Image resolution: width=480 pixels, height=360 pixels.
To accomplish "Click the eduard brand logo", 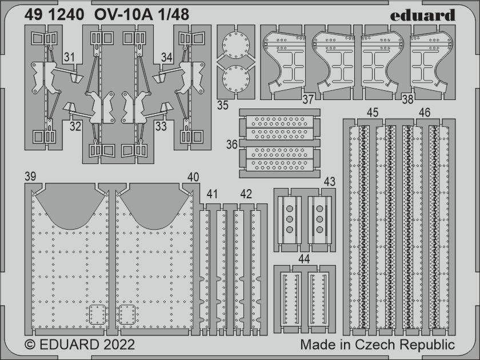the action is [422, 15].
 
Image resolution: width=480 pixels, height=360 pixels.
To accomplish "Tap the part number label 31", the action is [70, 57].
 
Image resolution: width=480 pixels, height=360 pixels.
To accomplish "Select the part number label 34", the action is [167, 57].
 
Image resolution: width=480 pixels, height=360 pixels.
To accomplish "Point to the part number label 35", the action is [223, 105].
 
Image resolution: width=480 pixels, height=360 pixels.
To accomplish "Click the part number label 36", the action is [232, 144].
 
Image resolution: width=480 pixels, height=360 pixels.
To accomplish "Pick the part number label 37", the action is [308, 99].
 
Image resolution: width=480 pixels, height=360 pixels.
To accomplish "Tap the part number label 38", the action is [408, 99].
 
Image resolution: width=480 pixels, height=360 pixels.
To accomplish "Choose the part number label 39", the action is [30, 177].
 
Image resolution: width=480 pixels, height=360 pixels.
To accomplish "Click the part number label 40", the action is [193, 177].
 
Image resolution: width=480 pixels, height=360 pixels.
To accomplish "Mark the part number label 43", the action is [329, 182].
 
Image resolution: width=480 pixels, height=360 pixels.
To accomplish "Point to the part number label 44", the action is [304, 259].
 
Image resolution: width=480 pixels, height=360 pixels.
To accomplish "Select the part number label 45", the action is [373, 113].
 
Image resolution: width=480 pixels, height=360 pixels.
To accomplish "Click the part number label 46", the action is [425, 113].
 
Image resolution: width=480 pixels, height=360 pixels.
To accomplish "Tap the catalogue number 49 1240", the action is [54, 14].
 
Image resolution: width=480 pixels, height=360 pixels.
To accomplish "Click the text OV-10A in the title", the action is [123, 14].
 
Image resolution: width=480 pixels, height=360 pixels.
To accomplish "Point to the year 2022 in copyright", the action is [119, 345].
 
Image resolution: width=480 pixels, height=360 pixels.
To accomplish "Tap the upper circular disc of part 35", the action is [236, 45].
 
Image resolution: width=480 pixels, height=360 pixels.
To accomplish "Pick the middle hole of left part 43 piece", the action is [289, 219].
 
